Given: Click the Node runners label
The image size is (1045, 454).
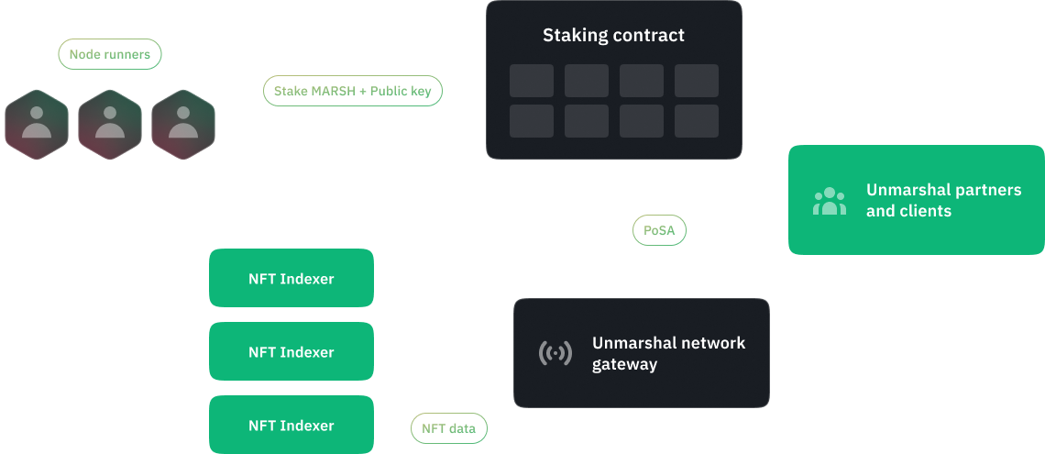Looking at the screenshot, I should (110, 54).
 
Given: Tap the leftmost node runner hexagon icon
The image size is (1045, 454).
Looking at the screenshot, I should (37, 124).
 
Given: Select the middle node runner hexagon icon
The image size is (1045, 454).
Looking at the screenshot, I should (110, 124).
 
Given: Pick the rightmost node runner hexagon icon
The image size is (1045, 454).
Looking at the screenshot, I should (183, 124).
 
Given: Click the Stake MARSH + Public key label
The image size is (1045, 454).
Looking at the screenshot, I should (353, 91).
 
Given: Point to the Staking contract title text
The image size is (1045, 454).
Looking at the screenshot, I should (613, 37).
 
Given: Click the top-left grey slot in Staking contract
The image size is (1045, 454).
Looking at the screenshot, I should (532, 81).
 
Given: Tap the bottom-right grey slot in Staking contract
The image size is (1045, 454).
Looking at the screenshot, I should (697, 121).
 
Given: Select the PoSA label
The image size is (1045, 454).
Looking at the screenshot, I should (659, 230).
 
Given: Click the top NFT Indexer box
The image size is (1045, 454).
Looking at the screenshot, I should (291, 278).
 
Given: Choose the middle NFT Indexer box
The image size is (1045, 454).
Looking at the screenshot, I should (291, 352).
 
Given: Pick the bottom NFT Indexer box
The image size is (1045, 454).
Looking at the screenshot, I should (291, 426).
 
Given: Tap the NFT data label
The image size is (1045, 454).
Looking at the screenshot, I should (449, 427).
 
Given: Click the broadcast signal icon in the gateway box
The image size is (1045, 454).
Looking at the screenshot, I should (555, 353).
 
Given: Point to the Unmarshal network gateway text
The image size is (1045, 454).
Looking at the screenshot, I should (669, 353).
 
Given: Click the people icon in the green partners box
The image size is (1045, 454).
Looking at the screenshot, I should (830, 201).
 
